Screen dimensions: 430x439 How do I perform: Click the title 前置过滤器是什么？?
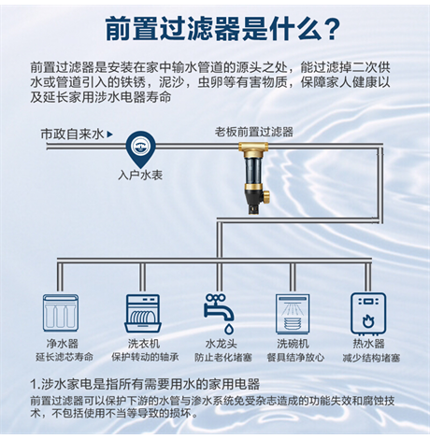[x=222, y=29]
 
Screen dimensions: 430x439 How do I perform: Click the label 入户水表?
[x=140, y=175]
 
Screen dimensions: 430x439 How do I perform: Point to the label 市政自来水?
[x=72, y=135]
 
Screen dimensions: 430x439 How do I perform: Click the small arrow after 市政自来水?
[x=109, y=135]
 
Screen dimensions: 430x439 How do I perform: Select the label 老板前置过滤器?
[x=253, y=132]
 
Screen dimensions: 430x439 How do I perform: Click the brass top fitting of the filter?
[x=253, y=149]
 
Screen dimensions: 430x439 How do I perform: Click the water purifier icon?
[x=61, y=313]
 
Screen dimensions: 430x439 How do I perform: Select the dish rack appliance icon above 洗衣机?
[x=143, y=313]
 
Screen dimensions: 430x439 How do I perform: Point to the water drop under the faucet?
[x=229, y=328]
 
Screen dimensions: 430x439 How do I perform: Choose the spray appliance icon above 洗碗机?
[x=293, y=314]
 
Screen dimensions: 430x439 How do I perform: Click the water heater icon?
[x=368, y=313]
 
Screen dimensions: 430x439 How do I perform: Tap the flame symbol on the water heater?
[x=368, y=321]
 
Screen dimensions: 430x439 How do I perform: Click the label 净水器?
[x=63, y=344]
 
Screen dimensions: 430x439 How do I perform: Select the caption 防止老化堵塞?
[x=223, y=357]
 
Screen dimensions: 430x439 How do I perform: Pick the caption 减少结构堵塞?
[x=371, y=358]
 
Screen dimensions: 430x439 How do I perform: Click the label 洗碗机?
[x=293, y=344]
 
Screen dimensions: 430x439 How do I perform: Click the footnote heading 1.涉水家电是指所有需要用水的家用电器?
[x=145, y=384]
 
